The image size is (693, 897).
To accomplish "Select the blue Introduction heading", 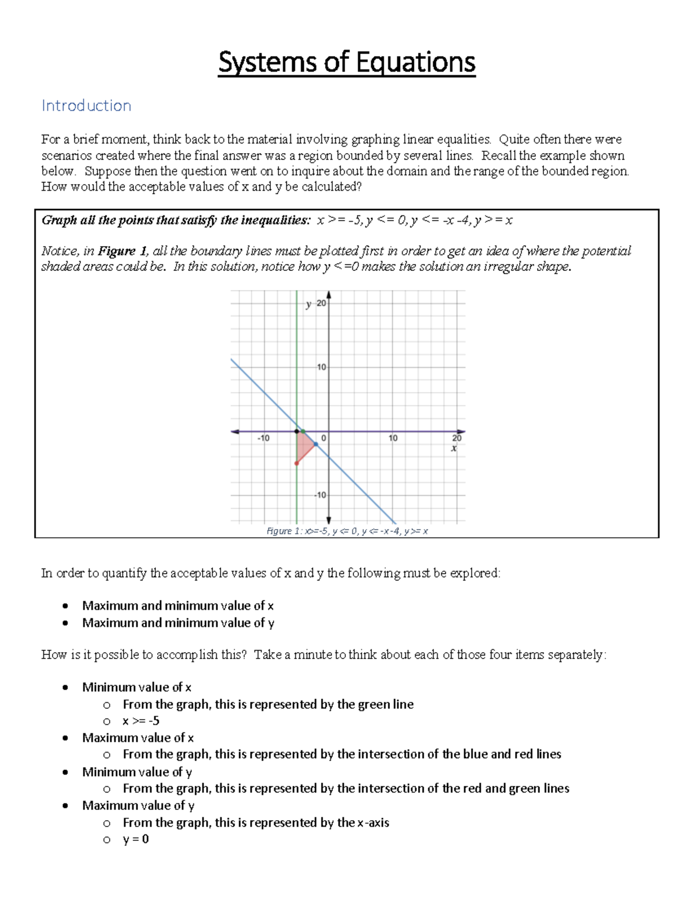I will [x=86, y=106].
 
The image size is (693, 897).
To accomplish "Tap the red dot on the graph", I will [x=297, y=463].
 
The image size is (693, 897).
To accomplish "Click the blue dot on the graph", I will [x=316, y=444].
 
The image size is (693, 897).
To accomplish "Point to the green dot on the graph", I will [x=303, y=431].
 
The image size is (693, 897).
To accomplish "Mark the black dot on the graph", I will [x=297, y=431].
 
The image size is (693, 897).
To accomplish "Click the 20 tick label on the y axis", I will [x=321, y=303].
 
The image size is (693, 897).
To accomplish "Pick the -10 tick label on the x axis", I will [x=263, y=438].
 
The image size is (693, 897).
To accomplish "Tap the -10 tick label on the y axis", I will [x=320, y=495].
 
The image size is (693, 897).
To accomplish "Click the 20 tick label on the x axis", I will [x=457, y=438].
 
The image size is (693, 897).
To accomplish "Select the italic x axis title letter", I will [x=454, y=448].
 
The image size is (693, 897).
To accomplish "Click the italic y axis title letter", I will [x=309, y=304].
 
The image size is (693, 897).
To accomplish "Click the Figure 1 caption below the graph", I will [x=346, y=531].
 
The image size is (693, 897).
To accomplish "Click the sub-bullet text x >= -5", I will [x=141, y=721].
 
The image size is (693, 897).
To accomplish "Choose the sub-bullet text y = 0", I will [x=136, y=839].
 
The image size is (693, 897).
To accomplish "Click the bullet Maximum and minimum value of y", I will [x=178, y=623].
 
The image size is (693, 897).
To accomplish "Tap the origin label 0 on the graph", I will [x=324, y=438].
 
